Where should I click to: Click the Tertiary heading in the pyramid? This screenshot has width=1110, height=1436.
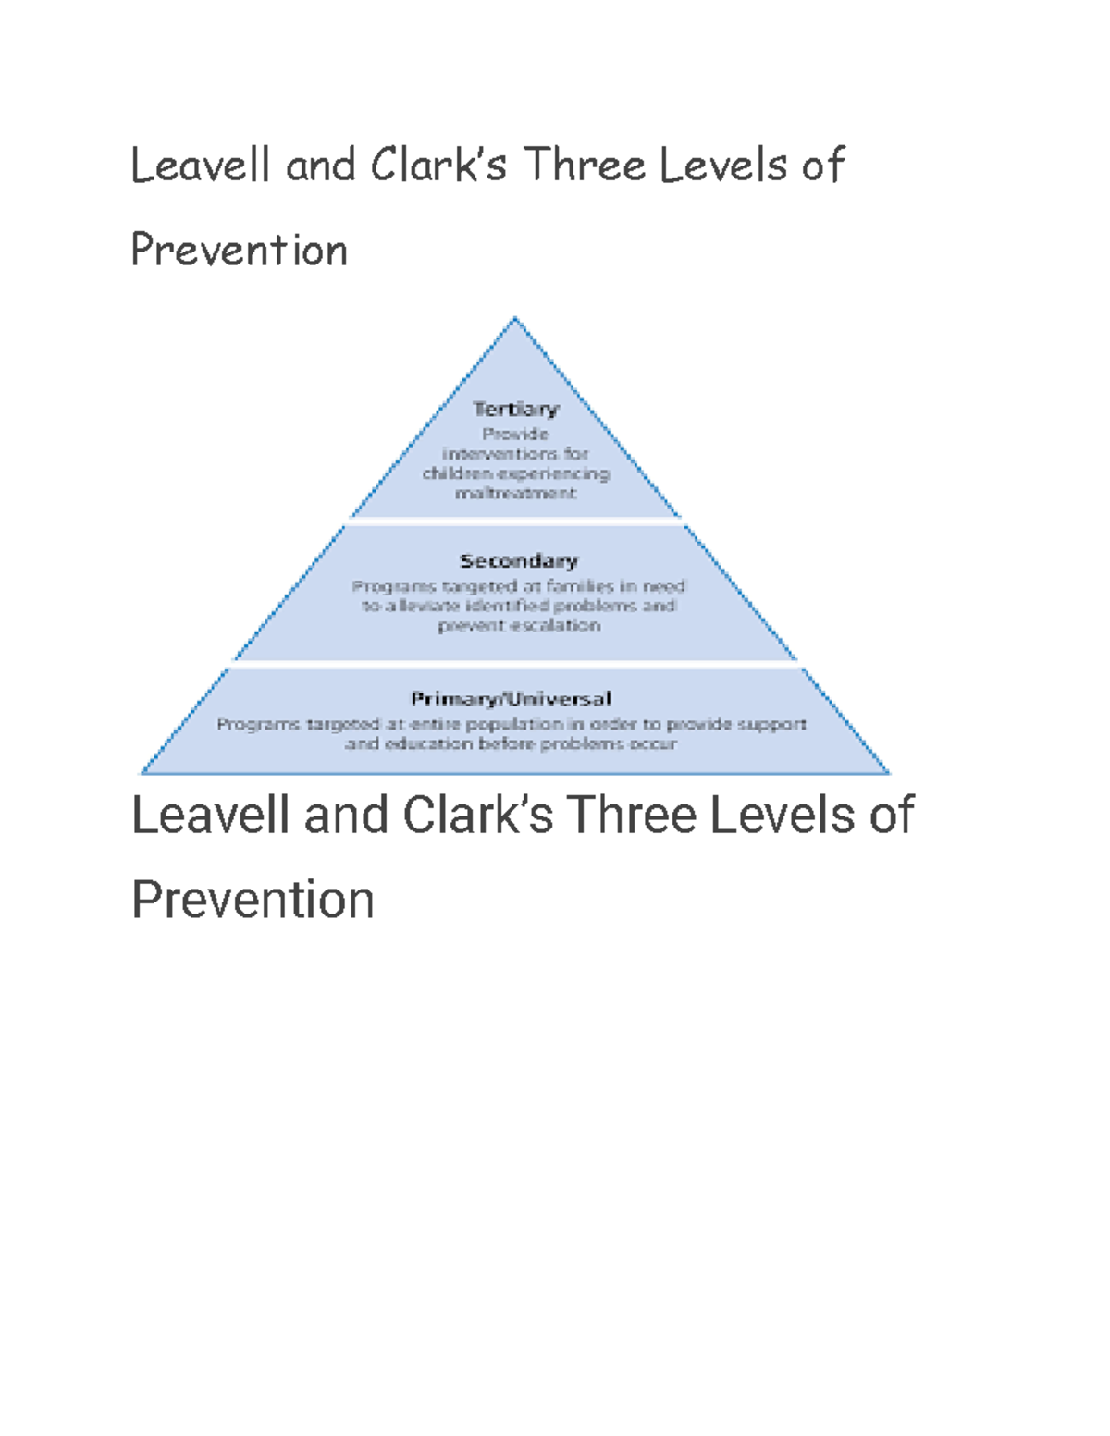(x=516, y=409)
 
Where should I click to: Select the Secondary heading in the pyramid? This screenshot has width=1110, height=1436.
(x=518, y=560)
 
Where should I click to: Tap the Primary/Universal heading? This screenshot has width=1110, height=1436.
(x=512, y=698)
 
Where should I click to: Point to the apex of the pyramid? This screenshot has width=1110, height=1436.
(x=515, y=319)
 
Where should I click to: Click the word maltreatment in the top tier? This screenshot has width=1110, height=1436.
(x=515, y=493)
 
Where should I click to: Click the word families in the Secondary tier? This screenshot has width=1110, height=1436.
(x=579, y=585)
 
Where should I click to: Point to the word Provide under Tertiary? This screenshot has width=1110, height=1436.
(x=515, y=434)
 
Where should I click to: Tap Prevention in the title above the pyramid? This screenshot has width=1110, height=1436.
(x=239, y=251)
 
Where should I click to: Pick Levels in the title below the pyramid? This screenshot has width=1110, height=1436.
(x=781, y=816)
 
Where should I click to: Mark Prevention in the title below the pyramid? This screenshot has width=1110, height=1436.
(x=253, y=901)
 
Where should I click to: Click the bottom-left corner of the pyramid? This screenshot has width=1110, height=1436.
(x=142, y=773)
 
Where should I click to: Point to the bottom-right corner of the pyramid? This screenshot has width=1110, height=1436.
(x=888, y=773)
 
